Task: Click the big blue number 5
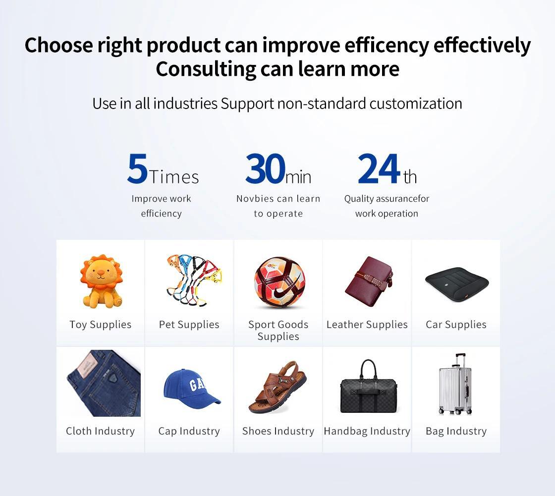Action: [137, 168]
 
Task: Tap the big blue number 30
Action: [266, 168]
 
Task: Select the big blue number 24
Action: [379, 168]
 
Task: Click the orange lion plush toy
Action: [101, 281]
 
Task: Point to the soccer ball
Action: [279, 282]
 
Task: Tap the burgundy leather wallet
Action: [369, 281]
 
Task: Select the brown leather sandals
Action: [277, 387]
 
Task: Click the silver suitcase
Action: [455, 385]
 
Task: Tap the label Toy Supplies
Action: [101, 325]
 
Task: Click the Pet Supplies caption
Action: [189, 325]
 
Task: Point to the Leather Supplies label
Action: [367, 325]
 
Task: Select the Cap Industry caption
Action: [189, 431]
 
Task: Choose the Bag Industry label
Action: [456, 431]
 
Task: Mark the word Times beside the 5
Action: [174, 177]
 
